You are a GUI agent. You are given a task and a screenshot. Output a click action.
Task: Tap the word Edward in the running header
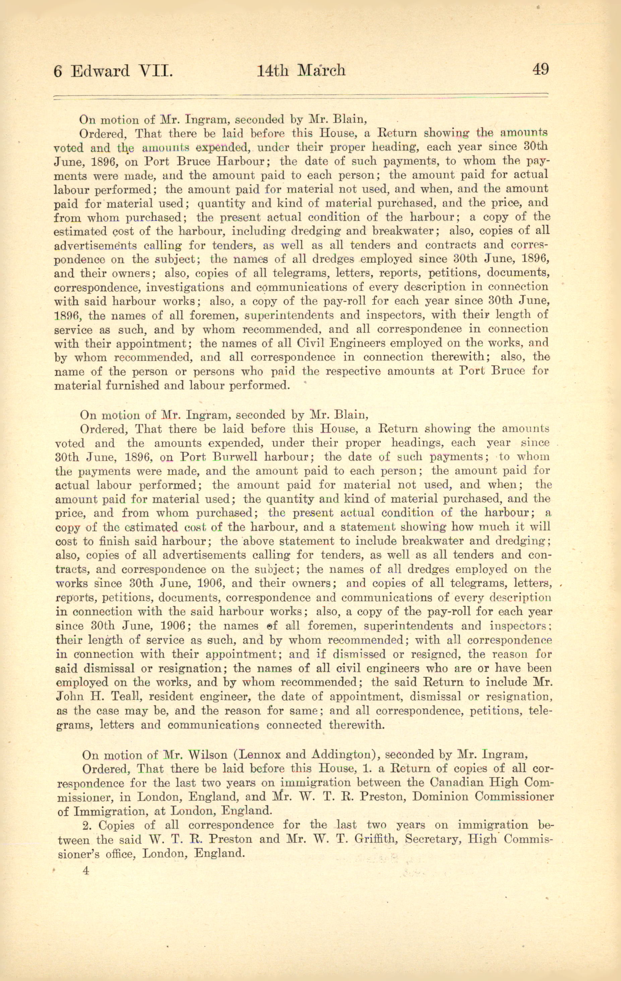[x=100, y=71]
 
